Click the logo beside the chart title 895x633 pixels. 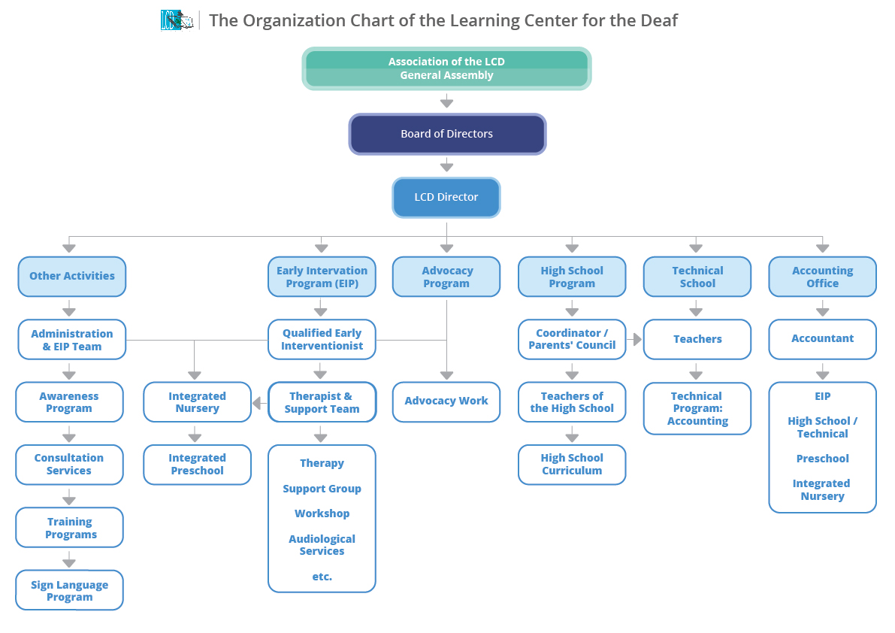pos(177,20)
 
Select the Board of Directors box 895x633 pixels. pos(447,134)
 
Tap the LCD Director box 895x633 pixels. pos(446,197)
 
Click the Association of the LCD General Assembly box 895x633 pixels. pos(446,68)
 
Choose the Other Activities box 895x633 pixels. pos(72,277)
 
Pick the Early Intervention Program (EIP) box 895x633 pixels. pos(322,277)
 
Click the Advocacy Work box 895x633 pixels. pos(446,401)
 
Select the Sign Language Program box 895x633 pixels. pos(69,591)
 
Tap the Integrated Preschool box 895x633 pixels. pos(197,465)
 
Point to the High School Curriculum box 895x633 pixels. pos(572,465)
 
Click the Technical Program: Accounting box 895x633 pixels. pos(697,408)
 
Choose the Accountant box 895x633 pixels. pos(822,339)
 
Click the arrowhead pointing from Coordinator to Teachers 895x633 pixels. pos(637,340)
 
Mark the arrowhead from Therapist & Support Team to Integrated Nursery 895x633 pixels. pos(256,404)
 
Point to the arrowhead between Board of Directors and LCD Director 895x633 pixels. pos(446,166)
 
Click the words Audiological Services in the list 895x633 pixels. pos(322,545)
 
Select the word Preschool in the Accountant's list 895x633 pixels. pos(822,459)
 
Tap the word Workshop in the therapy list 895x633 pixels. pos(322,513)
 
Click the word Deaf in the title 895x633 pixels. pos(658,20)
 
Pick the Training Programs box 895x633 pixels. pos(69,528)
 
